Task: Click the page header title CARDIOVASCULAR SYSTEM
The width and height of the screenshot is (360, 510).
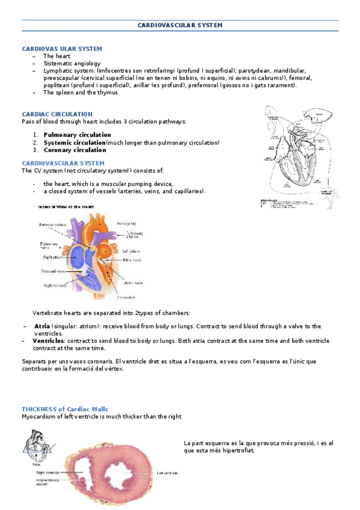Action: coord(180,25)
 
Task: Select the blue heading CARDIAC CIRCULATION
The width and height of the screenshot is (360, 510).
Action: coord(57,114)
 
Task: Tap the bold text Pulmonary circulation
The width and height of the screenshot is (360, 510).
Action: coord(77,135)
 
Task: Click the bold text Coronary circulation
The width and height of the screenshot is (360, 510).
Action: coord(75,150)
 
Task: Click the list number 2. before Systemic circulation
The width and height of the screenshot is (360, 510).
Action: coord(35,143)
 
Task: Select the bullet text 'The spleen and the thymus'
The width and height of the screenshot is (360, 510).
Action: coord(80,93)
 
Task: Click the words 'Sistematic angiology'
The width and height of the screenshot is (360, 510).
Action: coord(72,63)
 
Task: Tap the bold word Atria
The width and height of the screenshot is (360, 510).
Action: coord(42,326)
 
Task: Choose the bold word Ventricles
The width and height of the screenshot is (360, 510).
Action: coord(48,340)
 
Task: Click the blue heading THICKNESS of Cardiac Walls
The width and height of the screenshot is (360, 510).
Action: coord(65,409)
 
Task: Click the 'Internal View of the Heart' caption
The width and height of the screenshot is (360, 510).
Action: coord(66,206)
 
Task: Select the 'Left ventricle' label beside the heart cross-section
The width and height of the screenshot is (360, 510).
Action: coord(168,473)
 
